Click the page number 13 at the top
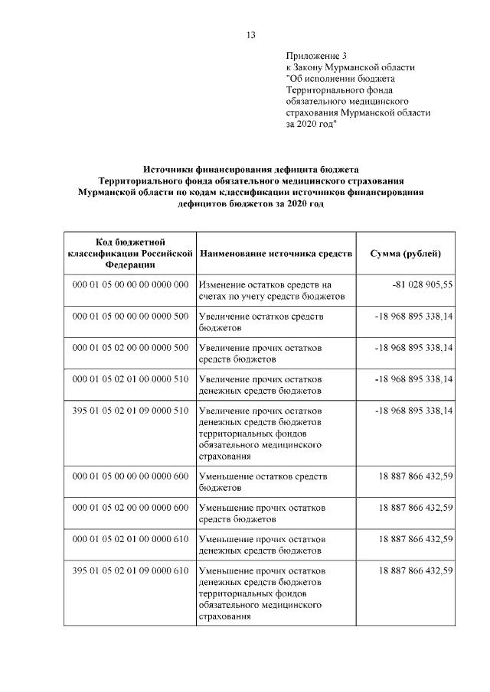click(x=250, y=34)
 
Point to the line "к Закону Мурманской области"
click(x=350, y=67)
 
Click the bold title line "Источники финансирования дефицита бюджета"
click(x=250, y=169)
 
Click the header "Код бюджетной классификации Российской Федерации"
click(x=129, y=253)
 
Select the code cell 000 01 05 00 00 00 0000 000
click(x=130, y=284)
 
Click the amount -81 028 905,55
click(x=423, y=284)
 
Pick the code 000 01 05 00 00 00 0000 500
click(x=130, y=316)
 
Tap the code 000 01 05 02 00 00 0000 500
click(x=130, y=347)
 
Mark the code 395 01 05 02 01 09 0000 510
click(x=130, y=411)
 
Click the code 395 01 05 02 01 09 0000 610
click(x=130, y=570)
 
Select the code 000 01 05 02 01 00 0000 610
click(x=130, y=539)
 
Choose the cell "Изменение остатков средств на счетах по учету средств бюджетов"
click(x=273, y=291)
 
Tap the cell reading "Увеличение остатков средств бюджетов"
click(x=261, y=322)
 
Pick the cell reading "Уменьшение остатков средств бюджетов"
click(x=263, y=482)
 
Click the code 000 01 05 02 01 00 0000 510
click(x=130, y=379)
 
